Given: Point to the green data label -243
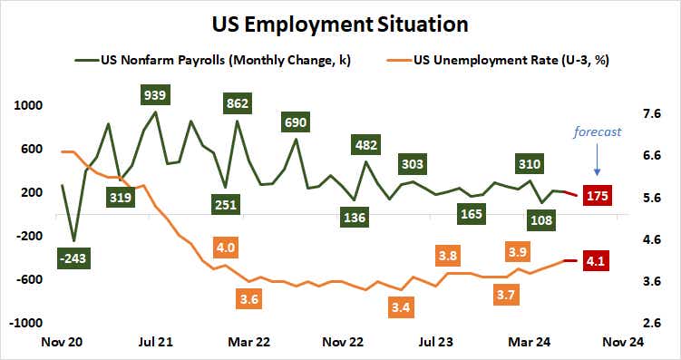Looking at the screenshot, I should click(73, 258).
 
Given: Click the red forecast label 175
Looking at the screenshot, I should click(597, 195).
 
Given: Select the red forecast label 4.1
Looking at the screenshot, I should click(597, 262).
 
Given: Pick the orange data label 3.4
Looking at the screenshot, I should click(399, 307).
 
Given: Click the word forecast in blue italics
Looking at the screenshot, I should click(597, 132).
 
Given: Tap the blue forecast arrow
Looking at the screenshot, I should click(597, 161).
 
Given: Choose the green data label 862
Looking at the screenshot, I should click(237, 104).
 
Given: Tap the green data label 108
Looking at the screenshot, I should click(541, 219).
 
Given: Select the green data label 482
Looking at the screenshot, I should click(365, 144).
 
